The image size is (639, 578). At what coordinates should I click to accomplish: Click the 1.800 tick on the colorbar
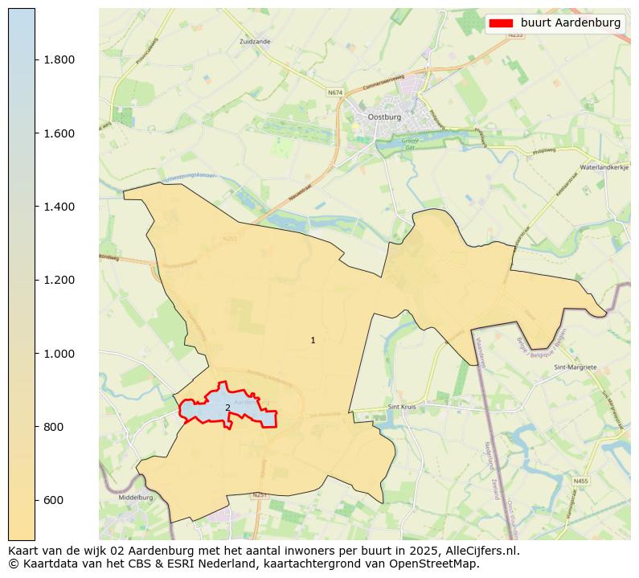click(58, 59)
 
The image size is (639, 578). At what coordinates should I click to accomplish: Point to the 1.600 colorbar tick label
click(58, 133)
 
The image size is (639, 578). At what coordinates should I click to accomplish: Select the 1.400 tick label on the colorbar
click(58, 207)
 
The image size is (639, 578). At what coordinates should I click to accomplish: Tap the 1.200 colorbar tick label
click(58, 280)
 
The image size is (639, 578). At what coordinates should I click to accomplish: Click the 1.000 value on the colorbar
click(58, 354)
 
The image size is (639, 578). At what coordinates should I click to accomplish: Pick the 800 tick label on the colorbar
click(53, 427)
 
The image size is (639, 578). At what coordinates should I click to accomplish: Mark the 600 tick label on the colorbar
click(53, 500)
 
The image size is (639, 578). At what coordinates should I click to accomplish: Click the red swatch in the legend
click(501, 23)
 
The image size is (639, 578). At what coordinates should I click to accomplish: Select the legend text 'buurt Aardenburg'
click(571, 23)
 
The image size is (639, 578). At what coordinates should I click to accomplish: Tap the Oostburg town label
click(383, 117)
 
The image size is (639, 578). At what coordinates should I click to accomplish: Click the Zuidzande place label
click(255, 40)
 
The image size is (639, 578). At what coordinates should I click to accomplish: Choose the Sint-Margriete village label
click(576, 367)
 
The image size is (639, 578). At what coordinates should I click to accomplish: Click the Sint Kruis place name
click(403, 407)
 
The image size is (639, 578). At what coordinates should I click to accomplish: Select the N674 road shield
click(334, 93)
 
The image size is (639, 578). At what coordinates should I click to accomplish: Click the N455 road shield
click(580, 481)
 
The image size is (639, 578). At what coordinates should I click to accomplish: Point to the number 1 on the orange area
click(313, 341)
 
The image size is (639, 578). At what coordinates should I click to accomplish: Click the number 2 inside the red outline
click(227, 408)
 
